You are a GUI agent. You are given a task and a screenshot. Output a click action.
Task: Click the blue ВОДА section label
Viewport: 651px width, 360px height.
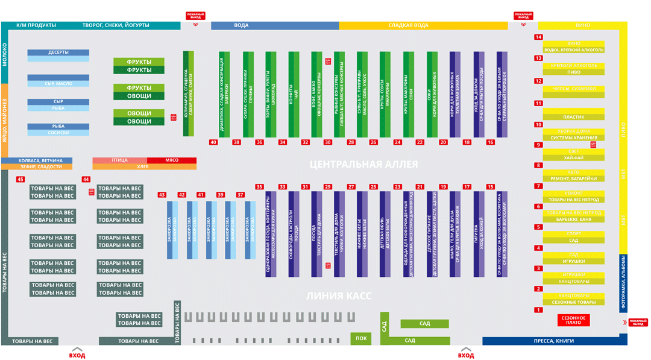[241, 25]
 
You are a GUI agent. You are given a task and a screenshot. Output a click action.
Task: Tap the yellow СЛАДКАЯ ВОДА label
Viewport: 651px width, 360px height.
[408, 25]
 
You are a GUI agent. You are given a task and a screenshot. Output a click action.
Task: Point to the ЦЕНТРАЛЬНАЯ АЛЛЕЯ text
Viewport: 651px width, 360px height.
[363, 164]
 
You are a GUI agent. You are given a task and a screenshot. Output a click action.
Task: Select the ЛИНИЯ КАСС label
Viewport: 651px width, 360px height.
[339, 296]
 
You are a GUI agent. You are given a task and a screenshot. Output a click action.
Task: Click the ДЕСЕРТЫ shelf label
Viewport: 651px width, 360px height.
[58, 52]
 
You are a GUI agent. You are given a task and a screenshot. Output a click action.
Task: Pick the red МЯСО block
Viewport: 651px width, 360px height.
[172, 160]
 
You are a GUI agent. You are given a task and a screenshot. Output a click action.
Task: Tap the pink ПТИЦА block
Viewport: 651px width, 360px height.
[119, 160]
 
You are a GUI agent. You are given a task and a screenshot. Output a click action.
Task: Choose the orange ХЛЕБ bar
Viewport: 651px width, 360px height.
[143, 166]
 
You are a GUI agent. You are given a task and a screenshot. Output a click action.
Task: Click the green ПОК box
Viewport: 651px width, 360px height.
[361, 338]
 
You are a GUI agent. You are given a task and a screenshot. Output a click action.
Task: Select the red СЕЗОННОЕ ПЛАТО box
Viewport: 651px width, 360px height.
[573, 320]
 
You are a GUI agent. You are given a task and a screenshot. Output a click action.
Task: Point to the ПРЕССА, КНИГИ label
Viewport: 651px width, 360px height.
[554, 341]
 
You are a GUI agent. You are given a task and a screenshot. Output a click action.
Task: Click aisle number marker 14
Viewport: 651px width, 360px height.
[538, 37]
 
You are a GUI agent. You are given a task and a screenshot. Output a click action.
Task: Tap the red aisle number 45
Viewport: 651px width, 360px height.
[20, 180]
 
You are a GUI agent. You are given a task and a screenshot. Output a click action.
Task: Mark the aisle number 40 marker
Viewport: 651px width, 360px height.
[213, 142]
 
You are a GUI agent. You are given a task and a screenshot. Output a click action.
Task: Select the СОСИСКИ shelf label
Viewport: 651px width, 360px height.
[58, 133]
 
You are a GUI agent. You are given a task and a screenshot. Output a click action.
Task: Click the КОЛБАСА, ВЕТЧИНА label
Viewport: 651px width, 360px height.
[40, 160]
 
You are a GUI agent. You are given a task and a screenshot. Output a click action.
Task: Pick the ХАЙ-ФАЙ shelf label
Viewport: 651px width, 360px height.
[573, 158]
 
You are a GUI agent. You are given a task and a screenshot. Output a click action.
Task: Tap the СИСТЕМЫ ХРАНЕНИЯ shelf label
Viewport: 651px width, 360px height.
[573, 137]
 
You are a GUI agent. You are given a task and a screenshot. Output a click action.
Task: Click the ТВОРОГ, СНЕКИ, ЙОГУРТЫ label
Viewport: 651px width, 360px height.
[116, 25]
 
